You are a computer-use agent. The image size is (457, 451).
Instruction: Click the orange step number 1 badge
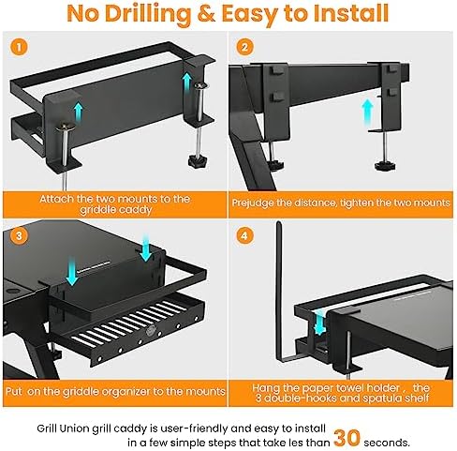coord(22,46)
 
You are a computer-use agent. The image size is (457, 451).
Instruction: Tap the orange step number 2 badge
coord(244,47)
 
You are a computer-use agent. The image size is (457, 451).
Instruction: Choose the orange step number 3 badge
coord(22,235)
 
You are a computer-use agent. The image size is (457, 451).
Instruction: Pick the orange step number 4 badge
coord(244,235)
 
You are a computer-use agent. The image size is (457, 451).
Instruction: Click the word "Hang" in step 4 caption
coord(266,387)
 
